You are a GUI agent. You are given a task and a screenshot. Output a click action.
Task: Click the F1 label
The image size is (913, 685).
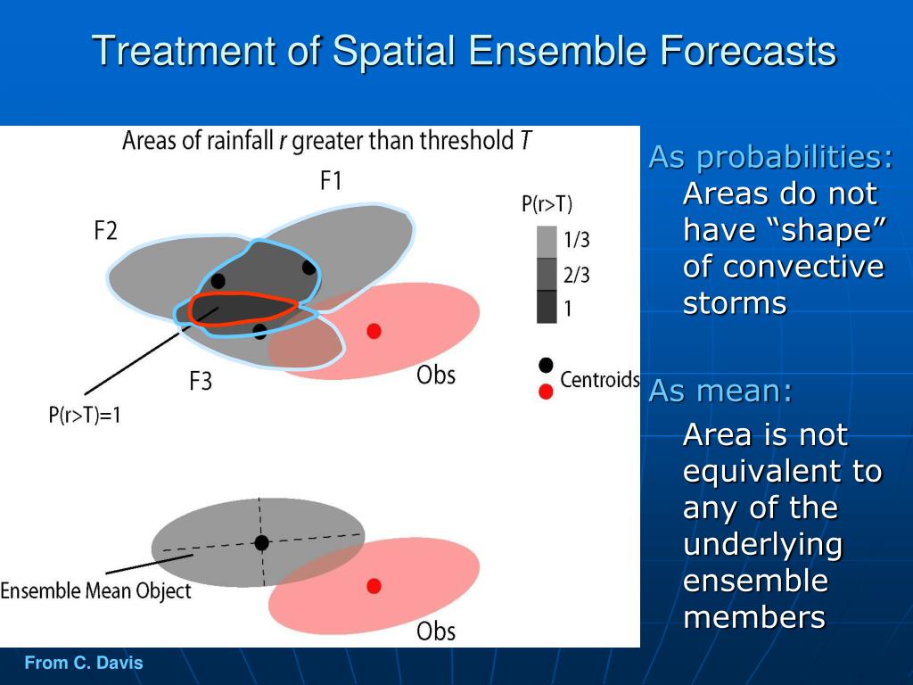point(331,180)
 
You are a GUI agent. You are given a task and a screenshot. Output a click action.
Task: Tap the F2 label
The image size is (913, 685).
point(105,231)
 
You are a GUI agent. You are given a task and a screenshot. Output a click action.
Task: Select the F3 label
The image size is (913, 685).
point(201,381)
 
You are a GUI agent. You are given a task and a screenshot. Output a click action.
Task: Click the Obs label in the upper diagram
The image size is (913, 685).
point(435,376)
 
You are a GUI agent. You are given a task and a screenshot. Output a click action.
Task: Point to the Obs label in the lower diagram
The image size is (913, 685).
point(435,631)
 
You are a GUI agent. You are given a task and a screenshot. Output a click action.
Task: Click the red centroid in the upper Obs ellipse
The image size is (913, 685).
point(374,331)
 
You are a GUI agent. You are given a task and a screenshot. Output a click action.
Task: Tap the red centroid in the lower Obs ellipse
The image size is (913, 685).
point(374,585)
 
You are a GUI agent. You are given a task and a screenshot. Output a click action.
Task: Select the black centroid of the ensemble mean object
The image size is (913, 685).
point(262,543)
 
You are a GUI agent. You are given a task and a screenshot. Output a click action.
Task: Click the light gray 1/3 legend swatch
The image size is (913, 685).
point(547,242)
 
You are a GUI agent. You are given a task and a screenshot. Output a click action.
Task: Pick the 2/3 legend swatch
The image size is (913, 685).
point(547,274)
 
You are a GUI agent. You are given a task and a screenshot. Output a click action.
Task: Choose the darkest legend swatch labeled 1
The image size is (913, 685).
point(547,307)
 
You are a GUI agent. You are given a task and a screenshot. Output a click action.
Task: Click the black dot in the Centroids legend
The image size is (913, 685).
point(546,365)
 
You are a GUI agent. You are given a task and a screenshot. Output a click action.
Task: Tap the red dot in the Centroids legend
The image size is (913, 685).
point(546,392)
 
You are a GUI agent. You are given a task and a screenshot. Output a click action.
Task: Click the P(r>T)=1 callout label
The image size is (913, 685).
point(85,415)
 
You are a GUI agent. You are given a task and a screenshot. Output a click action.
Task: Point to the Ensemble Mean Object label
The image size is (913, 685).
point(95,590)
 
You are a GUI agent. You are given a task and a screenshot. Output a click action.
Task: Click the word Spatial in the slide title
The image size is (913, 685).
point(393,51)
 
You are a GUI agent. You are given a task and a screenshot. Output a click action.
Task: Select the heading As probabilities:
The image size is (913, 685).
point(770,157)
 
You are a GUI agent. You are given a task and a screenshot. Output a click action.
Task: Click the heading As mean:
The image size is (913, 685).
point(720,391)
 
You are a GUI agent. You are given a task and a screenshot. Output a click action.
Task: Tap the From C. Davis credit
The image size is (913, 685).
point(84,663)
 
